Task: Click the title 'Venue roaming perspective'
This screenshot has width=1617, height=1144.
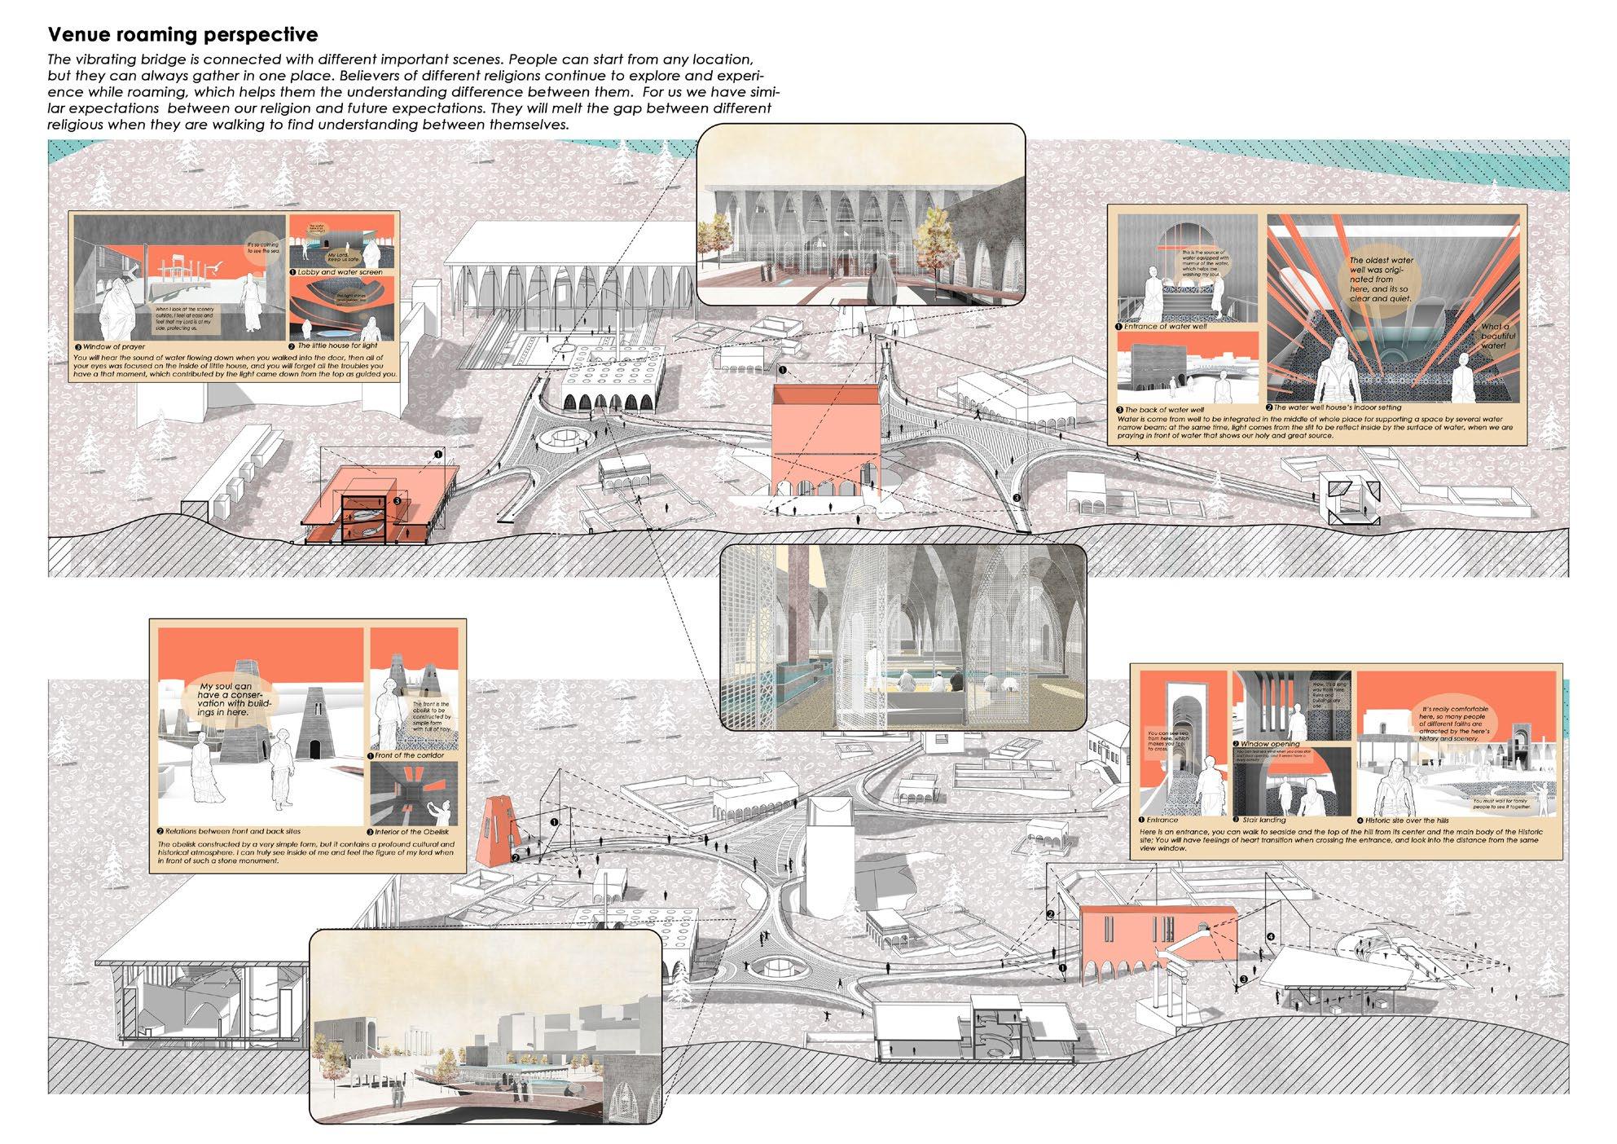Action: click(182, 35)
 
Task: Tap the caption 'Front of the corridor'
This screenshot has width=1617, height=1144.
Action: click(409, 755)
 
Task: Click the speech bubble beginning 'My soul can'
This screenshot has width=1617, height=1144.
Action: click(227, 699)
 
